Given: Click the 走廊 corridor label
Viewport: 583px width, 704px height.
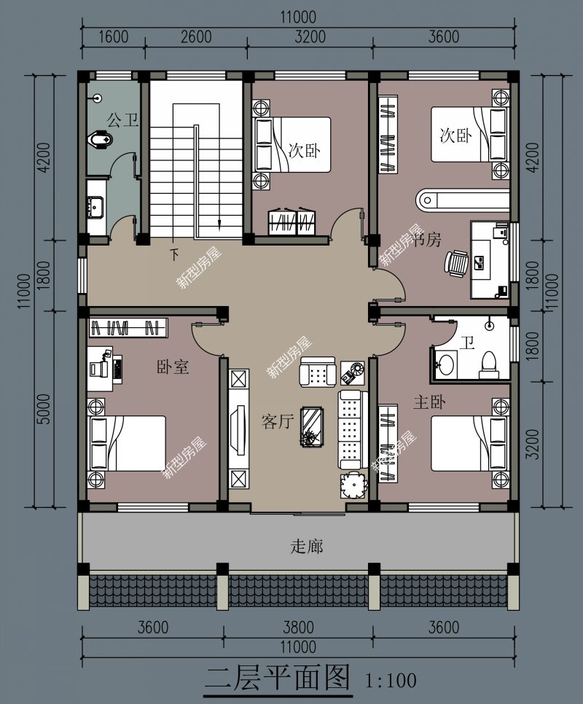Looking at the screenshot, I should point(307,546).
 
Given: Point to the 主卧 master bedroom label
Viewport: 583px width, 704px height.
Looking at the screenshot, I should point(429,402).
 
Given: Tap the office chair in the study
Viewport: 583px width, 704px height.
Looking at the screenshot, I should point(457,263).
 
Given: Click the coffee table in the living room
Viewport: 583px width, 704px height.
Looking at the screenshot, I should point(313,426).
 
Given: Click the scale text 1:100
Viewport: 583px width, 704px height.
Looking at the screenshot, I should point(391,681).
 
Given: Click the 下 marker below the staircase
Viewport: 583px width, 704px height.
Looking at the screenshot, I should point(174,255).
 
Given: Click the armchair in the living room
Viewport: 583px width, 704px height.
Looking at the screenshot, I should point(317,373).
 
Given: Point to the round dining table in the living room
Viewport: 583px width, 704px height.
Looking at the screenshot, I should point(355,485).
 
